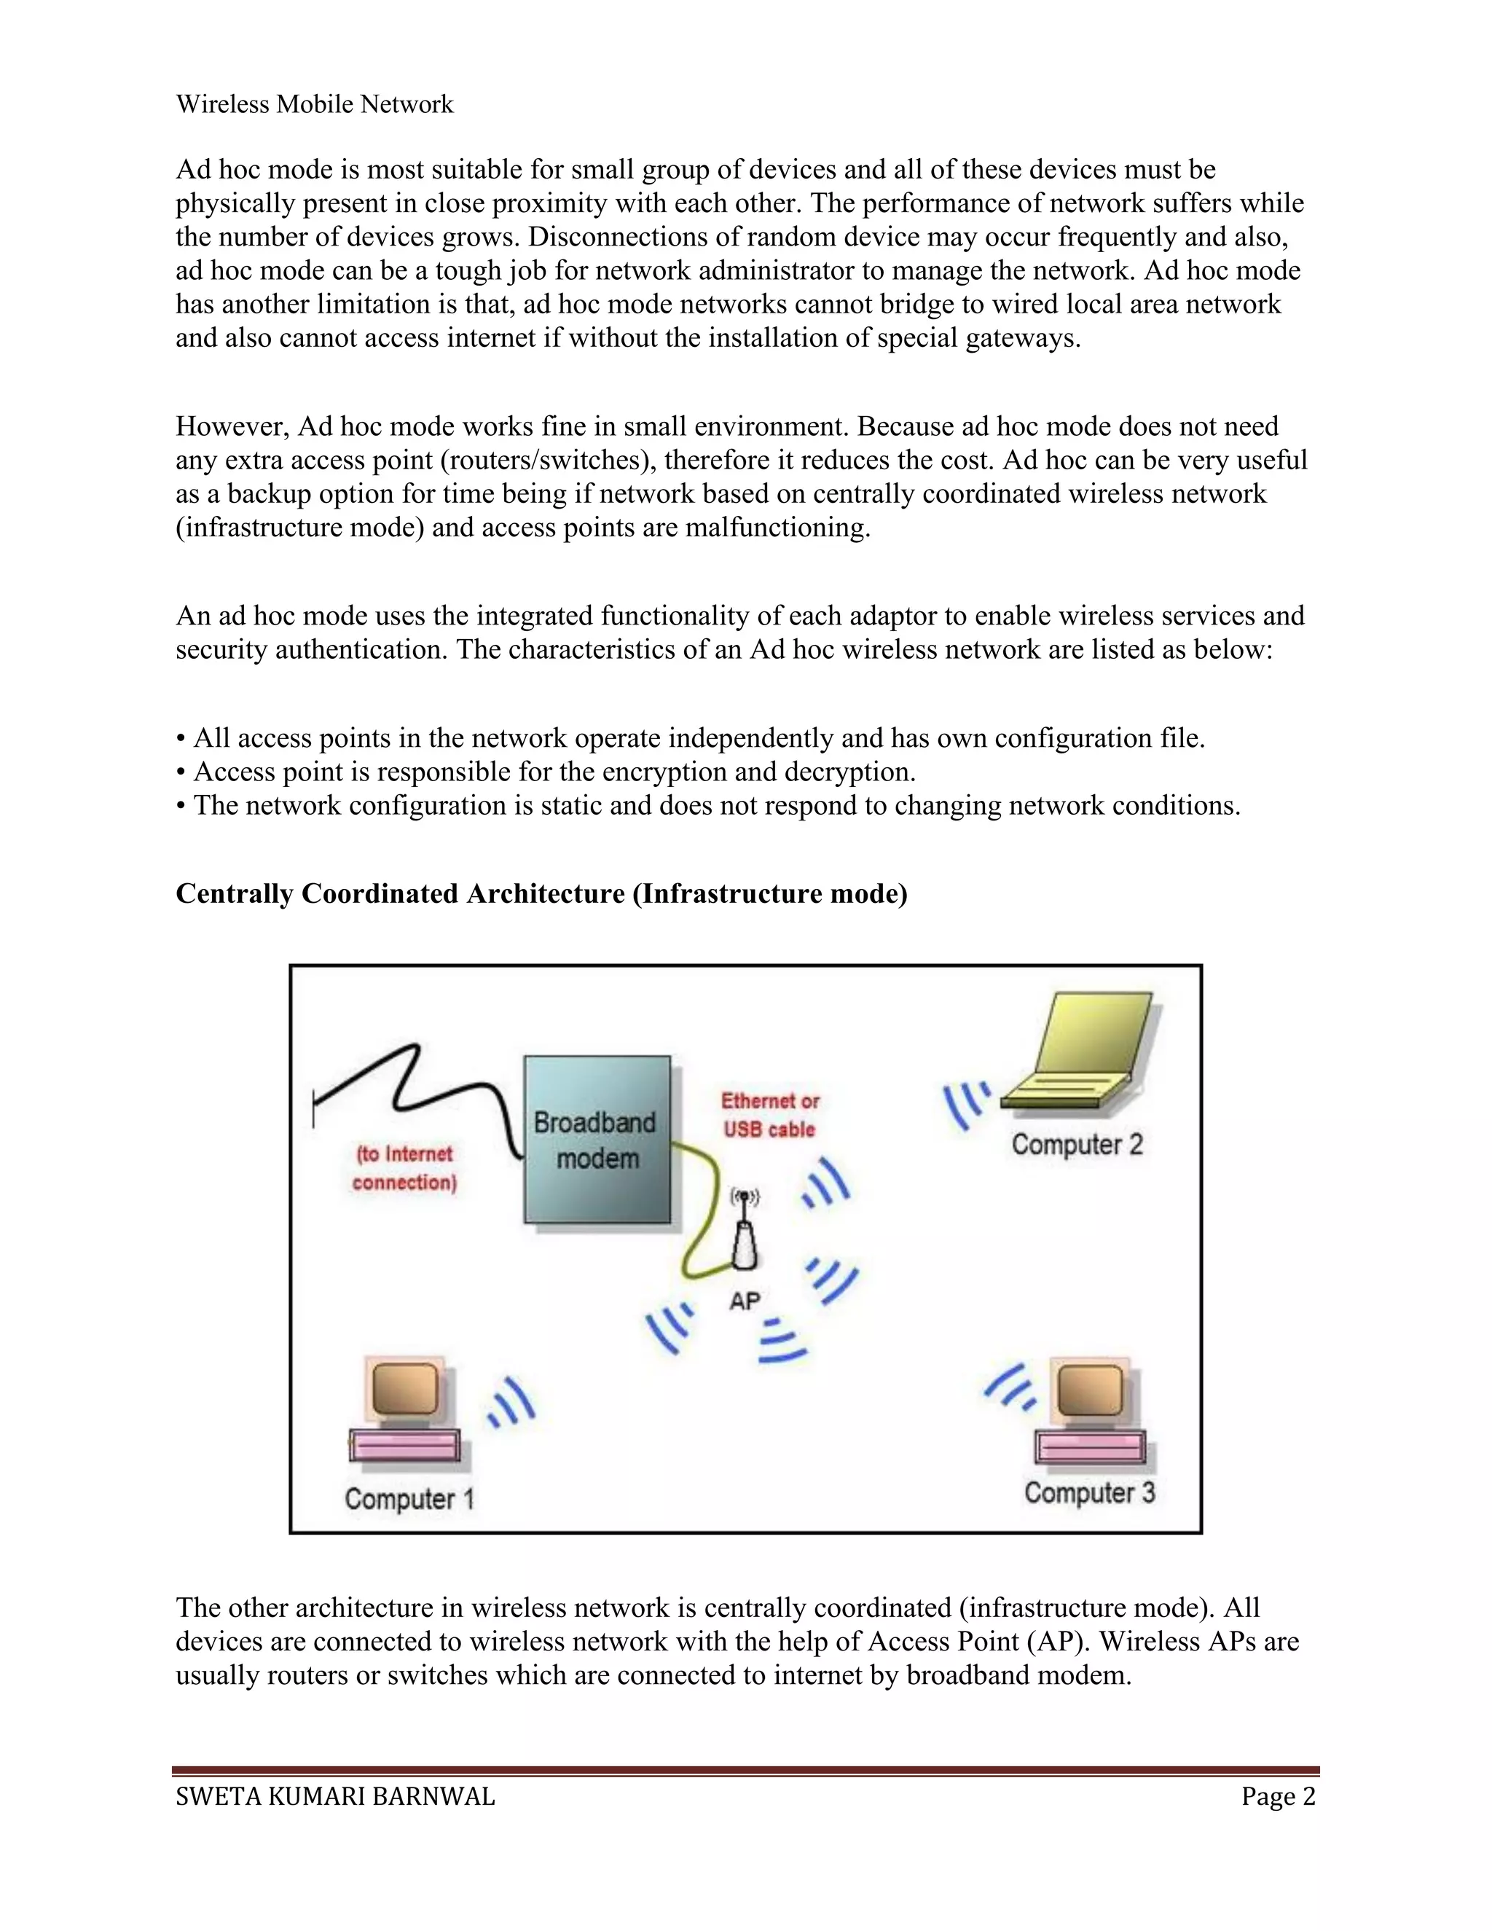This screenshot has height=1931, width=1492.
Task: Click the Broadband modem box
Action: [597, 1140]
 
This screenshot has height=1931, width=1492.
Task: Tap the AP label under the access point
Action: [745, 1301]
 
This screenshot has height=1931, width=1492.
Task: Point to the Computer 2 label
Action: [1077, 1144]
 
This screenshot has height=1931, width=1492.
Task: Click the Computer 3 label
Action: [1089, 1492]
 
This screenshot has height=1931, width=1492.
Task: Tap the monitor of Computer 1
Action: [406, 1389]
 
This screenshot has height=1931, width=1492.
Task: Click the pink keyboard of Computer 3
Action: [1091, 1447]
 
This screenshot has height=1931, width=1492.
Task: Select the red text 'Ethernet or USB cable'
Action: [769, 1115]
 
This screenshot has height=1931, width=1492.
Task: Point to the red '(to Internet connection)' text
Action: [404, 1168]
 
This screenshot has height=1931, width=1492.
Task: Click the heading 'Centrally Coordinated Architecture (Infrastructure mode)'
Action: [541, 894]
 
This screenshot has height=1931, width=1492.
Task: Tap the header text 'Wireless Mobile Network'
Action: [314, 104]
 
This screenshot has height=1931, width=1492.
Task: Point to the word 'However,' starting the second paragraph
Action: [232, 427]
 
